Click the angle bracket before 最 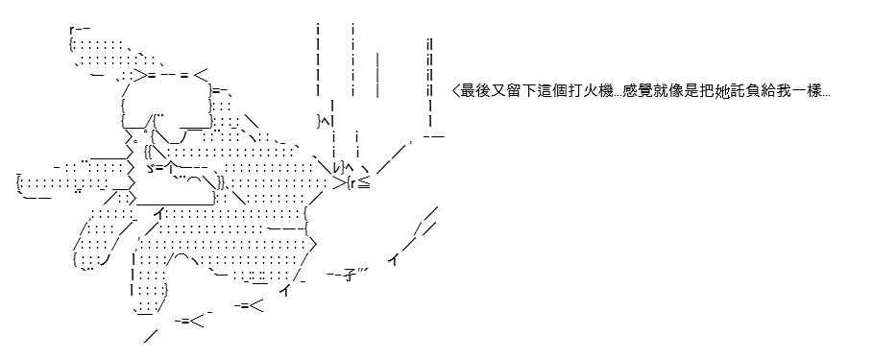tap(456, 91)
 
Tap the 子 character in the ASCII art tap(351, 275)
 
